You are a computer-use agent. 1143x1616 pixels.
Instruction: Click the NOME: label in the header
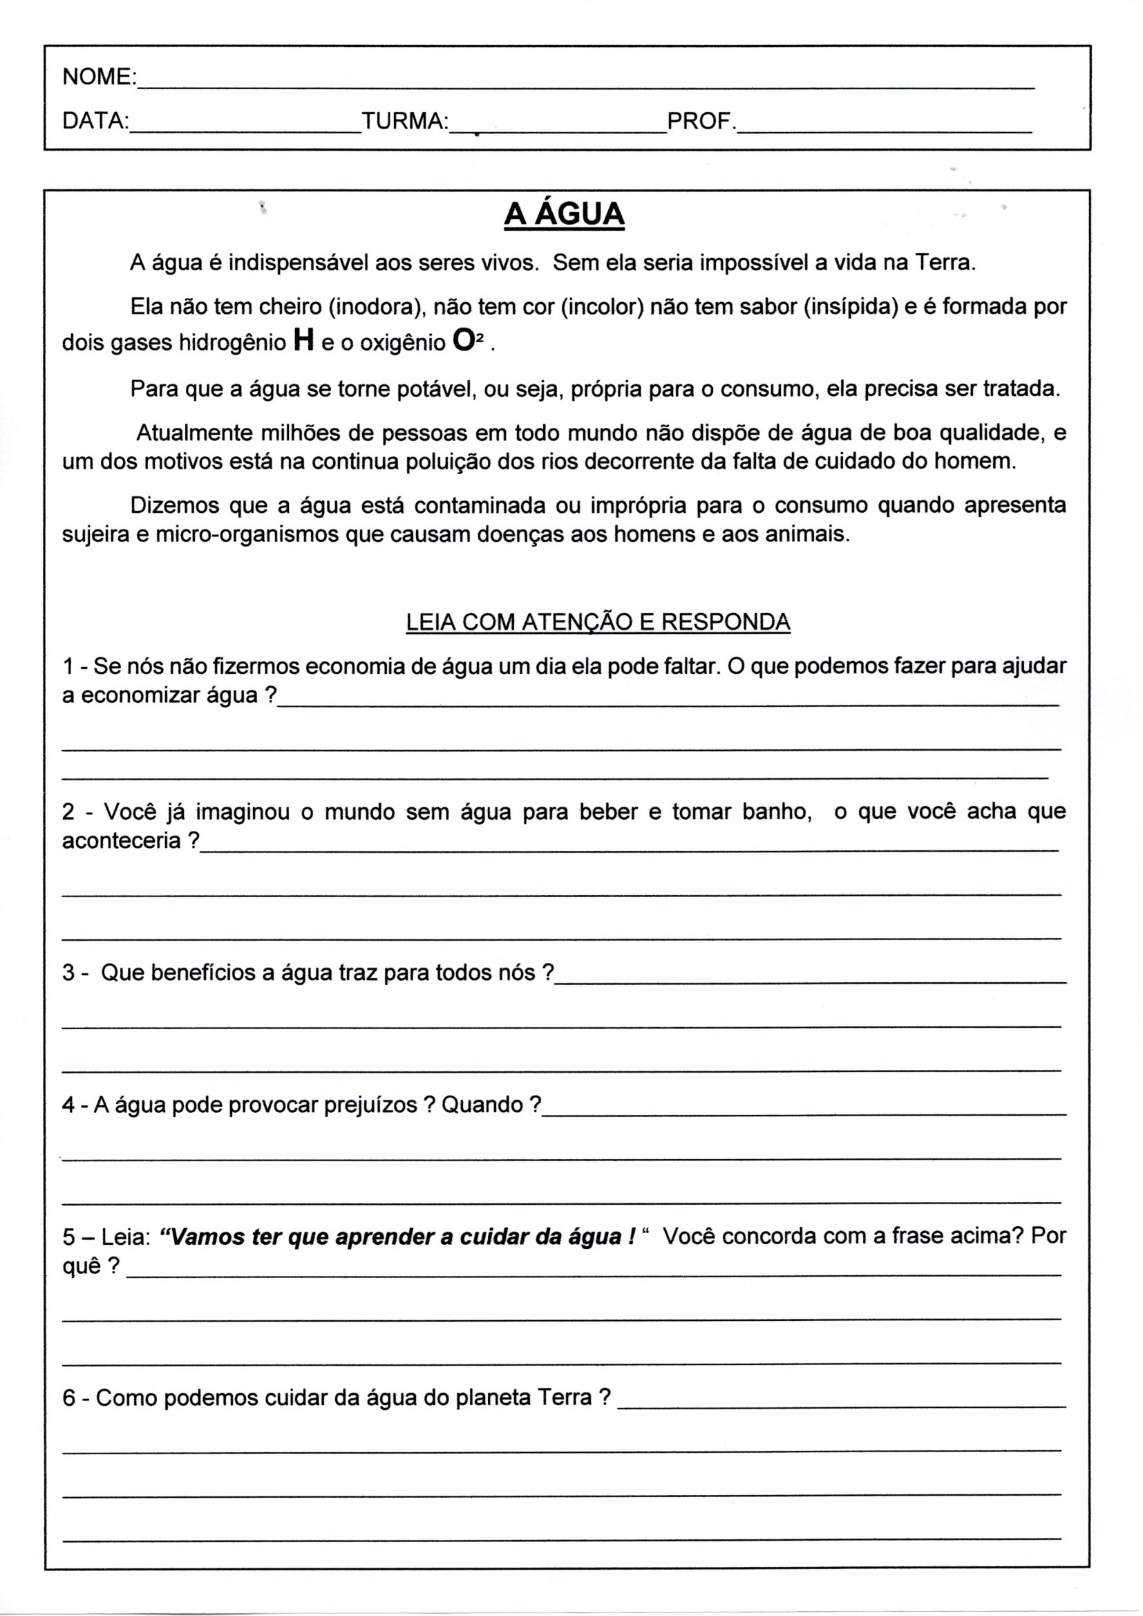(100, 77)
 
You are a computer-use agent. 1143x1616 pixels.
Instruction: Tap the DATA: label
(95, 121)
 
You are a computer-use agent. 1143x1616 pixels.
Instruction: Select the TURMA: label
(405, 121)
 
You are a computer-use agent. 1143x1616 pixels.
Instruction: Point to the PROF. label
(700, 121)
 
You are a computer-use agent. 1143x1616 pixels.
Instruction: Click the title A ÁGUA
(565, 215)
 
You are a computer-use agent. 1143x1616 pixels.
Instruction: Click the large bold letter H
(303, 341)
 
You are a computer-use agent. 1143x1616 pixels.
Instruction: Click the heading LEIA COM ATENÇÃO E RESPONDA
(598, 622)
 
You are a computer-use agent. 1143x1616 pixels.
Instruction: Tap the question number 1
(68, 666)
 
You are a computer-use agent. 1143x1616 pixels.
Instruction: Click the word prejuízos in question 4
(371, 1106)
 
